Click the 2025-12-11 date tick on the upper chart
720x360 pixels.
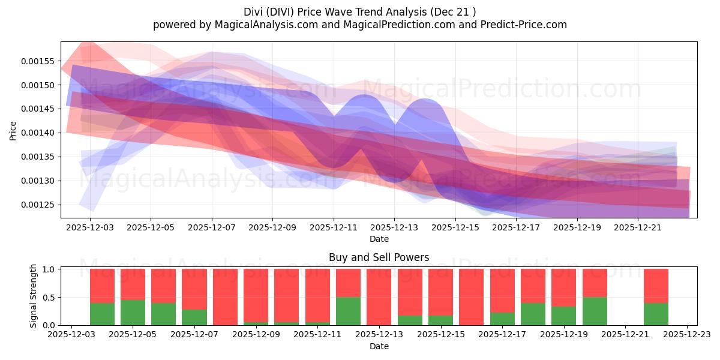tap(333, 227)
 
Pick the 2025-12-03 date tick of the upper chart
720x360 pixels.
tap(89, 227)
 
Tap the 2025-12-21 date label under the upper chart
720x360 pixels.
tap(638, 227)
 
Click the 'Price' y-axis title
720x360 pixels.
tap(13, 130)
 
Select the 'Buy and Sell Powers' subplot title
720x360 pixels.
tap(379, 257)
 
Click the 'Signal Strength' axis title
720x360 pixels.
tap(34, 296)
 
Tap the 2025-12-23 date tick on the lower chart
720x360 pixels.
tap(687, 335)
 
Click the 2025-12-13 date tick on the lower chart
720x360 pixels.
tap(379, 335)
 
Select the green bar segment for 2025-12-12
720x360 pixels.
tap(348, 311)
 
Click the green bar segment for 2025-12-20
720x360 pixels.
tap(595, 311)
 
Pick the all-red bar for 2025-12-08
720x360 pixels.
tap(225, 297)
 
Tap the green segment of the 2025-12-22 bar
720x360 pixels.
tap(656, 314)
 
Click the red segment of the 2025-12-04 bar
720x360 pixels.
tap(102, 286)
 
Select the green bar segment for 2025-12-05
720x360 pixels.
tap(133, 312)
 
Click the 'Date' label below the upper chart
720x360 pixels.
tap(379, 239)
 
